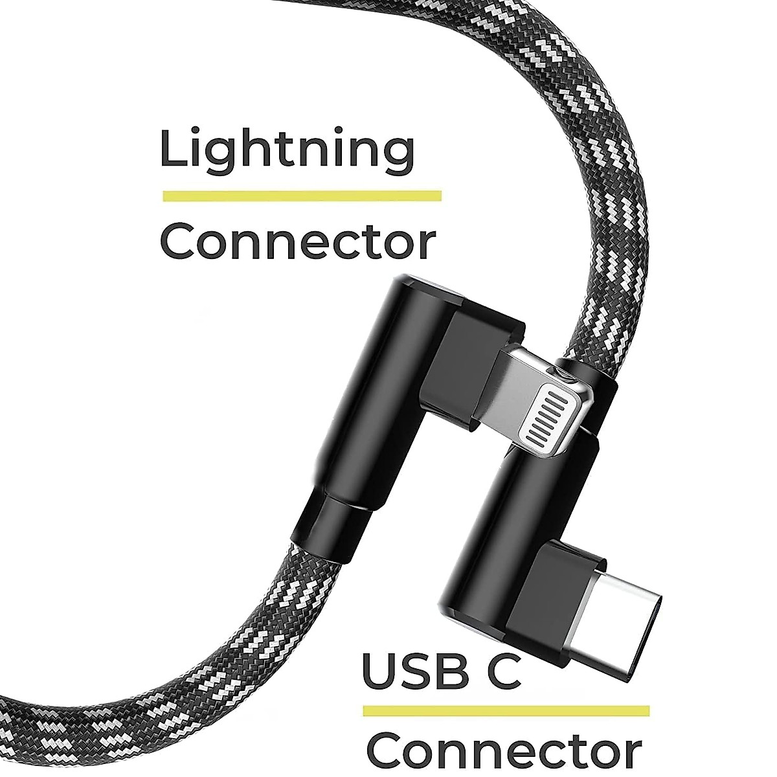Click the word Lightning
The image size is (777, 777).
(287, 150)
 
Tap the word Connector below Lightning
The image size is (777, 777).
(297, 242)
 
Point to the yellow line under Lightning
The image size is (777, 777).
(302, 196)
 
